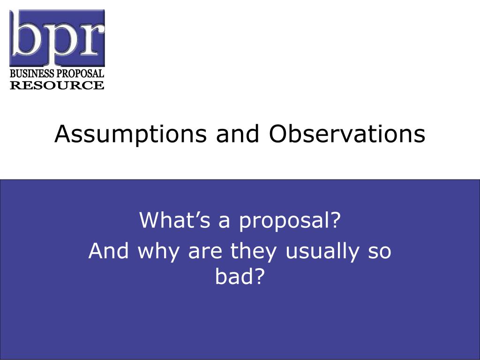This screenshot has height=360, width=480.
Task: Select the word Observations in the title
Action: point(347,134)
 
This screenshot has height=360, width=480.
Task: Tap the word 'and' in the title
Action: point(238,134)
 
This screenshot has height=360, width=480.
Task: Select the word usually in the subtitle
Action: point(322,252)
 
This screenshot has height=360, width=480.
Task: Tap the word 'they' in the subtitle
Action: point(254,252)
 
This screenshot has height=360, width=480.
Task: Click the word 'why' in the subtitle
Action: point(158,252)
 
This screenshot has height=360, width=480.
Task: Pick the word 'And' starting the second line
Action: point(109,251)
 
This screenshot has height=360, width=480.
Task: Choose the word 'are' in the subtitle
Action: point(205,253)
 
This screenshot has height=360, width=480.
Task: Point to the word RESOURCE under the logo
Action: point(57,85)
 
